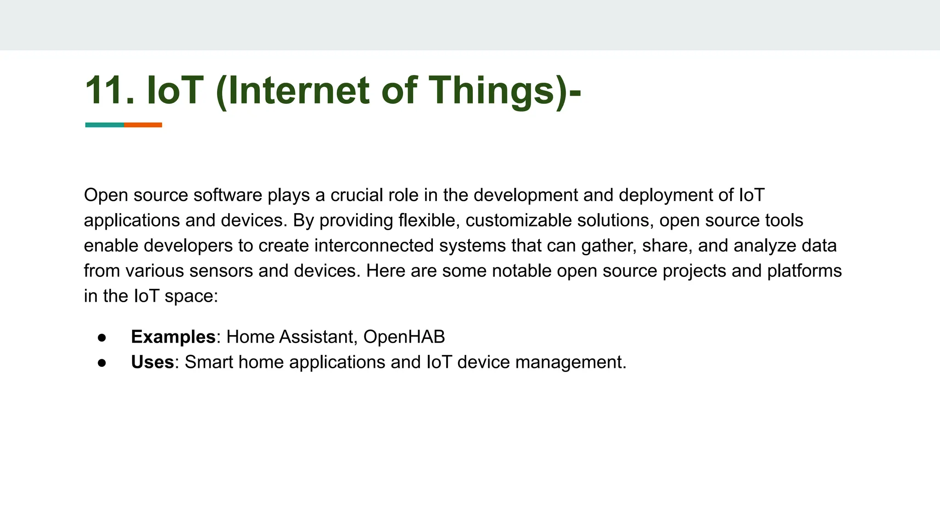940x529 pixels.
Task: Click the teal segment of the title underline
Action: point(105,125)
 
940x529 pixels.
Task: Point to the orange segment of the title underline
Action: point(143,125)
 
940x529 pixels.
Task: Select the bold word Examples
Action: point(173,337)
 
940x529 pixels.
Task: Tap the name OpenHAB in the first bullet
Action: point(404,337)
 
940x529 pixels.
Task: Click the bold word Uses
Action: point(152,362)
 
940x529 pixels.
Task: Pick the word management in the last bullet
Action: point(570,362)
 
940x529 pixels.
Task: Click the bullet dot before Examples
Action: point(102,338)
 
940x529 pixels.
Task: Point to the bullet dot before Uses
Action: point(102,363)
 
